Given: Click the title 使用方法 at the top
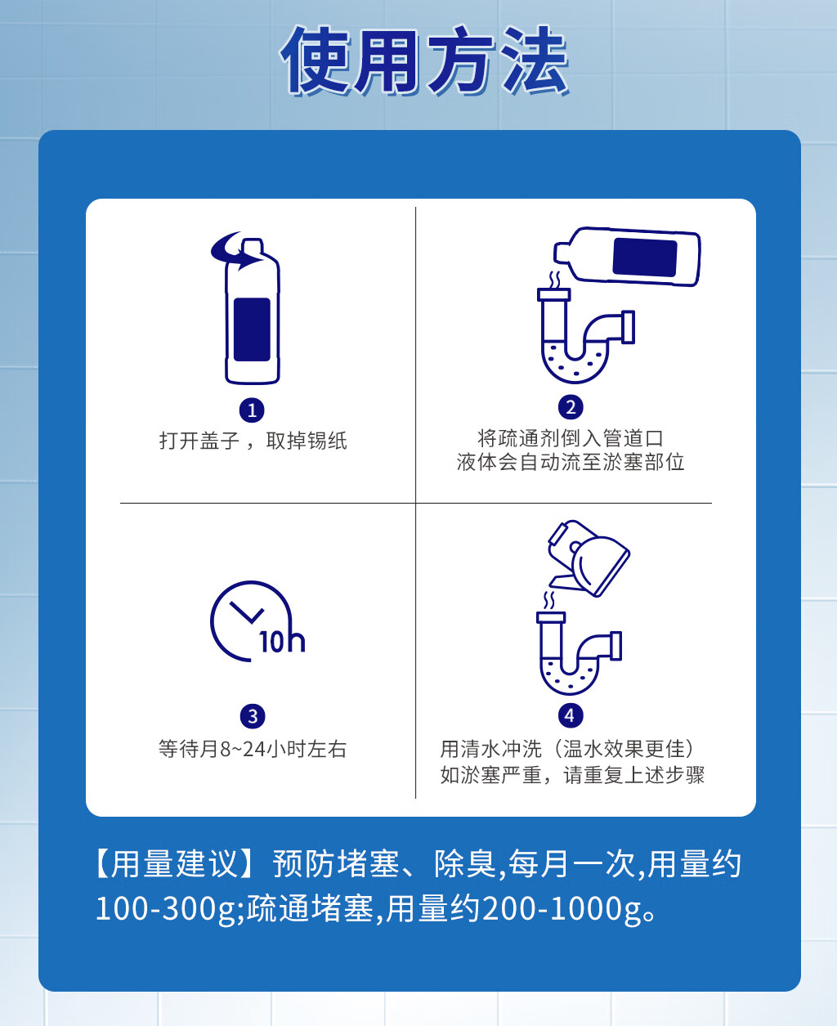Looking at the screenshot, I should click(x=424, y=61).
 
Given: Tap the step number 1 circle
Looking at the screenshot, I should click(x=252, y=410).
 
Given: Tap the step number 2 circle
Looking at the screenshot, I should click(x=571, y=406).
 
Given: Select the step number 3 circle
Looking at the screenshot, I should click(x=252, y=716).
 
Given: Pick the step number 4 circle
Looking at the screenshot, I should click(x=570, y=715).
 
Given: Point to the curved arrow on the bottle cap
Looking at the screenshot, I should click(x=233, y=252).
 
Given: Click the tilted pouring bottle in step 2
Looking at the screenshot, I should click(x=628, y=256).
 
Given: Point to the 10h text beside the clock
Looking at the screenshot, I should click(x=282, y=640).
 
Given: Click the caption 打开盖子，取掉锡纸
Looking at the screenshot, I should click(x=253, y=441).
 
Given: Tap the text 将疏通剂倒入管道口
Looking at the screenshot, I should click(x=571, y=438).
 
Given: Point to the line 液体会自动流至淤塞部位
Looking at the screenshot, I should click(x=571, y=462).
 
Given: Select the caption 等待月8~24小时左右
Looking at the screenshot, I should click(x=253, y=749).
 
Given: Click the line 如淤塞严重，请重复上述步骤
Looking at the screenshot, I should click(x=572, y=774).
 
